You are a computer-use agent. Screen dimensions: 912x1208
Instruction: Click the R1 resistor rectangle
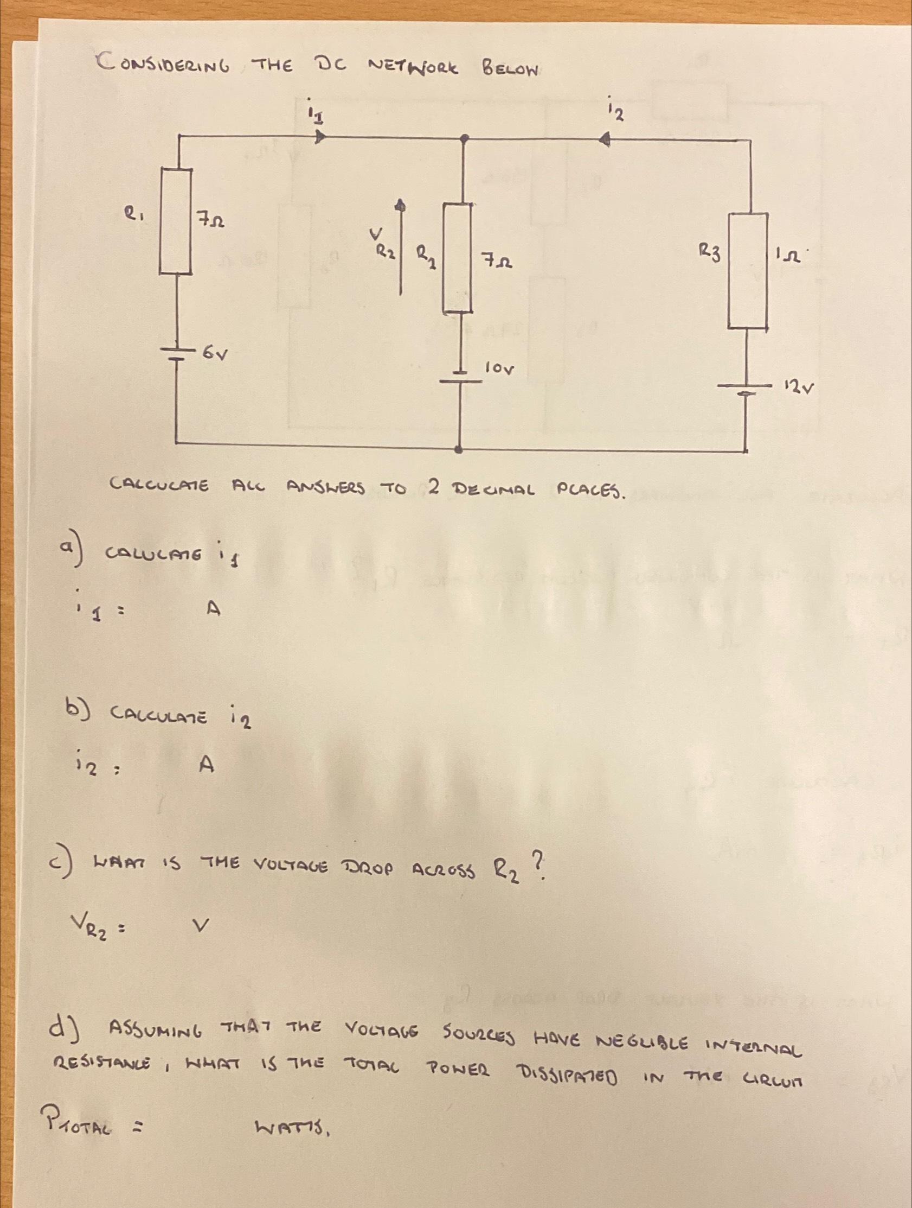tap(175, 221)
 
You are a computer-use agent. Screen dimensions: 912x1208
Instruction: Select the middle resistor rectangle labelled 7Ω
tap(458, 258)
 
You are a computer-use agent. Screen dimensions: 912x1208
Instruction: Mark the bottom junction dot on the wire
tap(460, 449)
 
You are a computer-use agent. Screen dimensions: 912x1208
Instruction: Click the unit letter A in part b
tap(206, 766)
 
